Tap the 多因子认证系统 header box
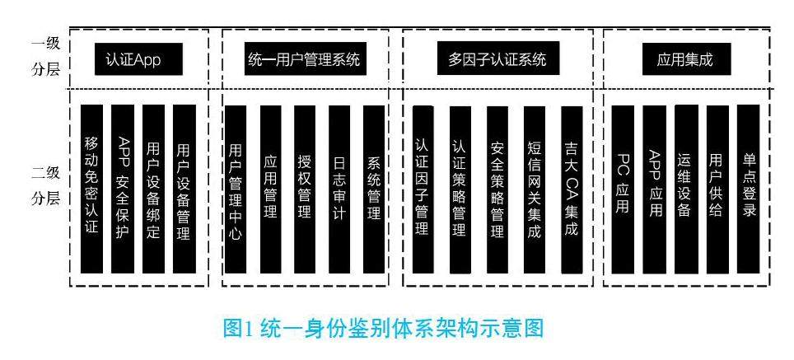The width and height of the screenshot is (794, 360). pyautogui.click(x=498, y=61)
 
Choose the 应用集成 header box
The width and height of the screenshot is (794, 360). pyautogui.click(x=685, y=61)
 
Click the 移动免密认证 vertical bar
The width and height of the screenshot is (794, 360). pyautogui.click(x=91, y=189)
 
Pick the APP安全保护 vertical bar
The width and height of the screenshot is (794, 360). pyautogui.click(x=123, y=189)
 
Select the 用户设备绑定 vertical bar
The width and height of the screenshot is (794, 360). pyautogui.click(x=153, y=189)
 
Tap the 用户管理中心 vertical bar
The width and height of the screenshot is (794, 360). pyautogui.click(x=236, y=189)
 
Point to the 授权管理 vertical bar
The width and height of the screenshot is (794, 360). pyautogui.click(x=304, y=189)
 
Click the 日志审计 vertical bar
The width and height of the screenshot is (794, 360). pyautogui.click(x=339, y=189)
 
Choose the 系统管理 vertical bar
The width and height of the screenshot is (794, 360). pyautogui.click(x=373, y=189)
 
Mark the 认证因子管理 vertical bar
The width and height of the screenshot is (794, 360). pyautogui.click(x=422, y=189)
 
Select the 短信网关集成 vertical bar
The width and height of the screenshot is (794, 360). pyautogui.click(x=535, y=189)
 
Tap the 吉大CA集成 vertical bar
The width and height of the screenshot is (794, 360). pyautogui.click(x=571, y=189)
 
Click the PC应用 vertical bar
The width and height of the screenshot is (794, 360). pyautogui.click(x=624, y=189)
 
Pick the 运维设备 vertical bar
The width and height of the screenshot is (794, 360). pyautogui.click(x=684, y=189)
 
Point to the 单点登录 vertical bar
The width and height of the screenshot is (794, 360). pyautogui.click(x=749, y=189)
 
